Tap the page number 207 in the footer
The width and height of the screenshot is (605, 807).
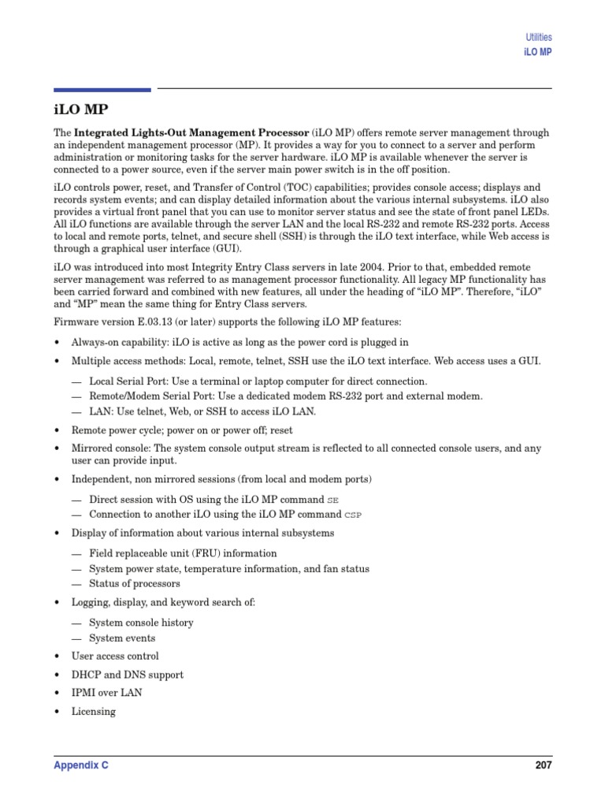pos(543,765)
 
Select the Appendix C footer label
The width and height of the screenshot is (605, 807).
pos(80,765)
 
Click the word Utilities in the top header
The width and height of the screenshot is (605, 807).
pos(538,37)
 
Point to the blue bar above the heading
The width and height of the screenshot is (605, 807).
pos(102,90)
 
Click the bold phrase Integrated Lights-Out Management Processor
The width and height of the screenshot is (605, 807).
pos(191,133)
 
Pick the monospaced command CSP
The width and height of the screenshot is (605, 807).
pos(354,515)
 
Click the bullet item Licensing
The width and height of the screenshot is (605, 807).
pos(93,712)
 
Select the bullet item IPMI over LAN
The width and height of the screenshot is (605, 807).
pos(106,693)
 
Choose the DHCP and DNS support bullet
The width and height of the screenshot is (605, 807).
pos(127,675)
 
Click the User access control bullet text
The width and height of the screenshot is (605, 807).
pos(115,656)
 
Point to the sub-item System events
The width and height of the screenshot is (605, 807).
pos(122,638)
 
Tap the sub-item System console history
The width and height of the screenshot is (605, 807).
pos(141,623)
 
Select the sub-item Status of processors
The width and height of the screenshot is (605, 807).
pos(134,584)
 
